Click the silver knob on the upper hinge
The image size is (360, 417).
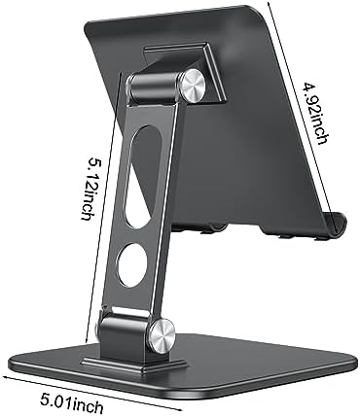coord(194,86)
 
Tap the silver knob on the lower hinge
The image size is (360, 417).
coord(162,335)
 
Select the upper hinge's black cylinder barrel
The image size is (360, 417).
coord(153,88)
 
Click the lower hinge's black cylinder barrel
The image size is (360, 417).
coord(125,330)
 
